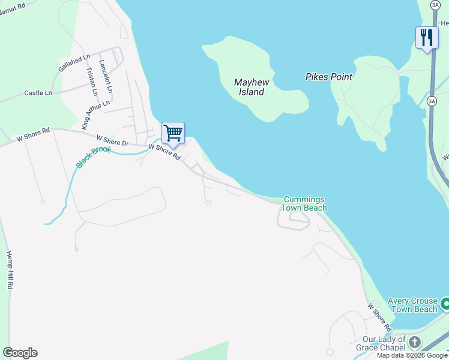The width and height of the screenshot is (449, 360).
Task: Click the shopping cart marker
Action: [173, 133]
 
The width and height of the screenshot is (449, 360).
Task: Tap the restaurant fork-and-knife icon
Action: [427, 37]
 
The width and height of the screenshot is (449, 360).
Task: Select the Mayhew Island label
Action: [249, 87]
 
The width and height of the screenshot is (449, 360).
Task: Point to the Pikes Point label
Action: [329, 77]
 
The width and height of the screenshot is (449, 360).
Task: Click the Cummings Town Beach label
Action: [304, 203]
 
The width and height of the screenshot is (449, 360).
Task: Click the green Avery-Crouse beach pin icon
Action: [444, 304]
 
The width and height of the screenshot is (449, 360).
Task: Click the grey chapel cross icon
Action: [415, 343]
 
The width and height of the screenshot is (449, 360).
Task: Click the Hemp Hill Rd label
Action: [10, 271]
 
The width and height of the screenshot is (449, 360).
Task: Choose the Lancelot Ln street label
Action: [106, 75]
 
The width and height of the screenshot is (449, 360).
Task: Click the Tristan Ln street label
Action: [92, 81]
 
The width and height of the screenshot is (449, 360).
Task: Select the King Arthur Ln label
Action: [96, 114]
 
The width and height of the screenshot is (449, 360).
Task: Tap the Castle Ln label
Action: [38, 93]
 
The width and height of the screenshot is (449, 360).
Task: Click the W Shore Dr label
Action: [113, 140]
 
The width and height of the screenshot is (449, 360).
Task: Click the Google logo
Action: [20, 353]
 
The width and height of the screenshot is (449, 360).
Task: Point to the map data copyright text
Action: [412, 355]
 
